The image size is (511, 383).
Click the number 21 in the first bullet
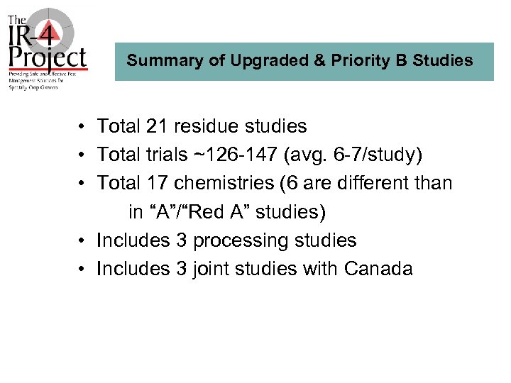[156, 127]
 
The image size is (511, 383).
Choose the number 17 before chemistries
[156, 183]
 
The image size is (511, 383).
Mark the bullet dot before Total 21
[83, 128]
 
